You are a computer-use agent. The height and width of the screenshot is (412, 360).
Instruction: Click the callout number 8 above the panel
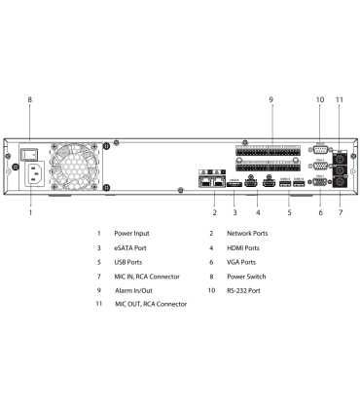click(29, 99)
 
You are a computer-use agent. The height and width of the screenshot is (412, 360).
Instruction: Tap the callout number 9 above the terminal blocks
click(270, 99)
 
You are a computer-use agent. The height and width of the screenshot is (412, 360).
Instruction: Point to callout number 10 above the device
click(319, 99)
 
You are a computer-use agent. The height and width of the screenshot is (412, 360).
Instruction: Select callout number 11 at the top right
click(340, 99)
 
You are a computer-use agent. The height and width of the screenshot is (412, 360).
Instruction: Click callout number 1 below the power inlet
click(29, 212)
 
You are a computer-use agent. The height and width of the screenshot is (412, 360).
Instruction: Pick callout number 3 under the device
click(234, 212)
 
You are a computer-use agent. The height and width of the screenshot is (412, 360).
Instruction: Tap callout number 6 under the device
click(319, 212)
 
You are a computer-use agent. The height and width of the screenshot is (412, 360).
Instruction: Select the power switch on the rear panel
click(30, 154)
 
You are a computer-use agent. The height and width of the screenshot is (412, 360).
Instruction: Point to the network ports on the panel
click(209, 181)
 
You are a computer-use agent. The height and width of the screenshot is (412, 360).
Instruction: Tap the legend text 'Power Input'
click(131, 234)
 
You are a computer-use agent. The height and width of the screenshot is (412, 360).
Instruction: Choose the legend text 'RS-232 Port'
click(244, 289)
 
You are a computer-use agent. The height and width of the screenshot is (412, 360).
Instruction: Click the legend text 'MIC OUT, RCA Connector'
click(151, 304)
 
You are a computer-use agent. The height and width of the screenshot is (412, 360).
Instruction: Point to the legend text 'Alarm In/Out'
click(135, 289)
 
